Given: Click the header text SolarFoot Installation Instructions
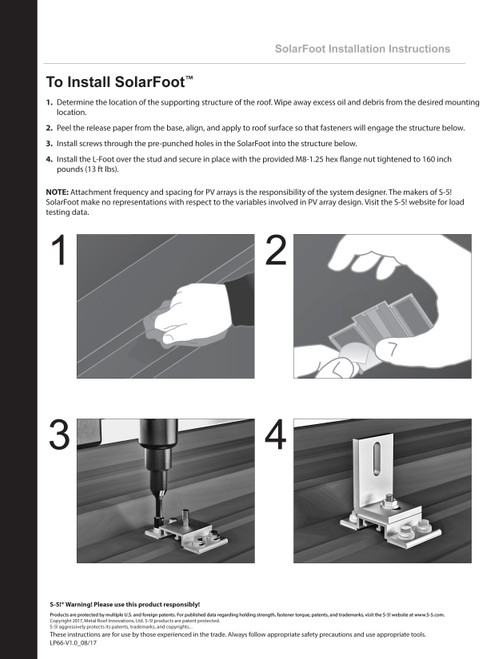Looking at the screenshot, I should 362,48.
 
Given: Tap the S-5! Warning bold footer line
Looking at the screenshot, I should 124,605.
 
